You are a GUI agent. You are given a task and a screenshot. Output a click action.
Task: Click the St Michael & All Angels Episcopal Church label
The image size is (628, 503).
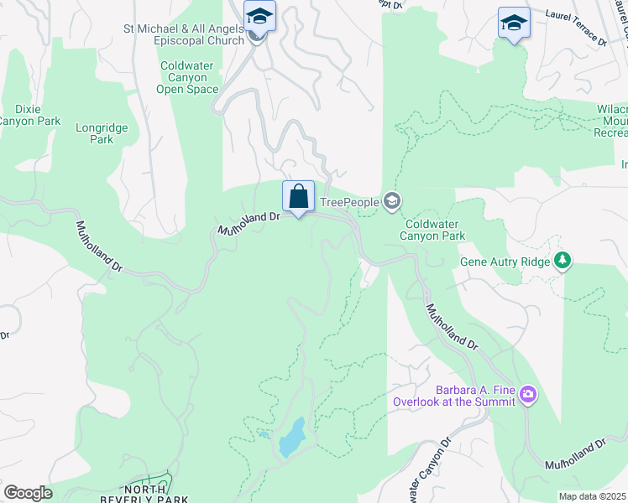[183, 34]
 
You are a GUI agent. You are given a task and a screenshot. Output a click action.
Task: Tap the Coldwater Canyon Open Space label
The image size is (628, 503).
[189, 77]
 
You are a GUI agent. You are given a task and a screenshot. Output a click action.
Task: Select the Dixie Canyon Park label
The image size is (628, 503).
[29, 115]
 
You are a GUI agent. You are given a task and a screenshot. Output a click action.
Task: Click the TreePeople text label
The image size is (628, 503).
[348, 202]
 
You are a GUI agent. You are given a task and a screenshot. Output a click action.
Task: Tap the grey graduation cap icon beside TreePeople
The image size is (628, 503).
[391, 201]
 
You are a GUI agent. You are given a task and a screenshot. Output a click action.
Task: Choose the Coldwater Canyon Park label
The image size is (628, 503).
[434, 230]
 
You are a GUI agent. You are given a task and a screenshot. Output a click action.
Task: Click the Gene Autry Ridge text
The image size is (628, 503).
[505, 262]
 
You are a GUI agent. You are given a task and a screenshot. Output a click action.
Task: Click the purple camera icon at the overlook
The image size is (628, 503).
[527, 394]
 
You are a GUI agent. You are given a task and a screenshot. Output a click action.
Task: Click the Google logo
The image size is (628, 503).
[28, 493]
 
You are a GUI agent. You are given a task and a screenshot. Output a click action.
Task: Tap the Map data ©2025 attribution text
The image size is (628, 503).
[591, 496]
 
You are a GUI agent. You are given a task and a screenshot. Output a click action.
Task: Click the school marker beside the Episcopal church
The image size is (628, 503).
[259, 17]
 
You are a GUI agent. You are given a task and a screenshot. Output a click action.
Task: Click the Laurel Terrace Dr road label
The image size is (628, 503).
[575, 26]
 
